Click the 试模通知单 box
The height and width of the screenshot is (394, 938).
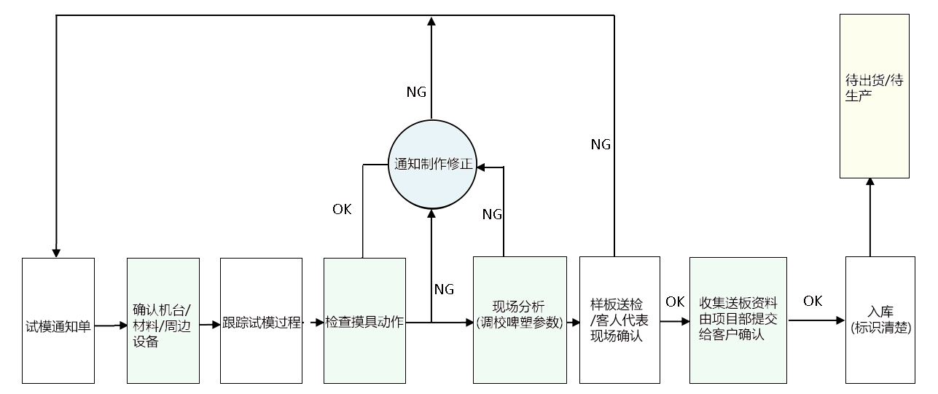(58, 320)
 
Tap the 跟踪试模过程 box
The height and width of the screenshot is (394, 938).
(261, 320)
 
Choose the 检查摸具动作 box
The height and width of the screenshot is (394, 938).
(364, 320)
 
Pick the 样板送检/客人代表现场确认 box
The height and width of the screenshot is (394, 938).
(620, 320)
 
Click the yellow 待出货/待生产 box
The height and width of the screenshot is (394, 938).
(875, 95)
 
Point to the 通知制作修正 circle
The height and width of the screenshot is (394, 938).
(431, 165)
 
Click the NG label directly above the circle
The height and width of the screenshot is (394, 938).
(416, 92)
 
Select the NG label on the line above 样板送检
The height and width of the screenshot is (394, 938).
(600, 144)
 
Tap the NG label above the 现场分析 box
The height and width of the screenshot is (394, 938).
(492, 214)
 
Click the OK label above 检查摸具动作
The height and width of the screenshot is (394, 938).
(342, 210)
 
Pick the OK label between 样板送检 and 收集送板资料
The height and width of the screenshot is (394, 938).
(675, 302)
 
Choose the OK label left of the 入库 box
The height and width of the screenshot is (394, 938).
(813, 301)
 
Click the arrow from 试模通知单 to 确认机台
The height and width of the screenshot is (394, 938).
(111, 326)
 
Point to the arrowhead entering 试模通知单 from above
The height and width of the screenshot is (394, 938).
(56, 252)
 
